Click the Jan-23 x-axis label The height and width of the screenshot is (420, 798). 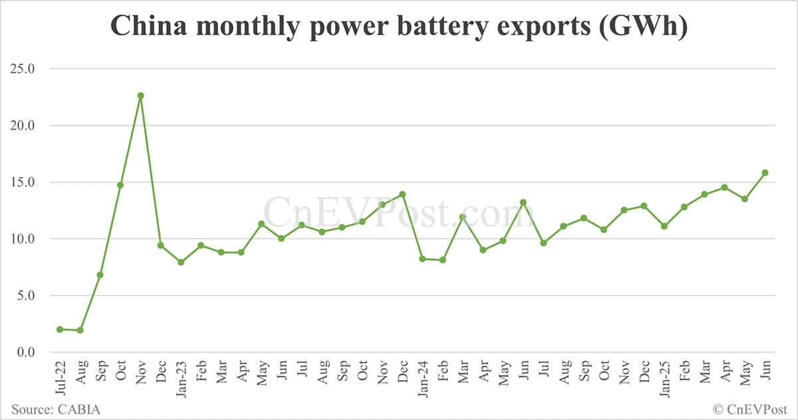pyautogui.click(x=181, y=377)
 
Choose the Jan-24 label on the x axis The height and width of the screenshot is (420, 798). pyautogui.click(x=422, y=377)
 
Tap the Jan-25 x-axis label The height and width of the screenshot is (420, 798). pyautogui.click(x=664, y=377)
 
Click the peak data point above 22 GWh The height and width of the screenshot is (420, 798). pyautogui.click(x=140, y=95)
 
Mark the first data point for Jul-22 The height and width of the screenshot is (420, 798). pyautogui.click(x=60, y=329)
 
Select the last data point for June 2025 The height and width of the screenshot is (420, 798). pyautogui.click(x=765, y=172)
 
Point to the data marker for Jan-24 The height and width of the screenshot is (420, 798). pyautogui.click(x=422, y=258)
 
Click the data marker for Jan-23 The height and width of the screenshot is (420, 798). pyautogui.click(x=181, y=262)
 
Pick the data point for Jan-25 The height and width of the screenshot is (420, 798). pyautogui.click(x=664, y=226)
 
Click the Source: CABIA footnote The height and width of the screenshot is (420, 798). pyautogui.click(x=56, y=409)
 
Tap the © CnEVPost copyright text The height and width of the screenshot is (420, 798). pyautogui.click(x=749, y=409)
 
